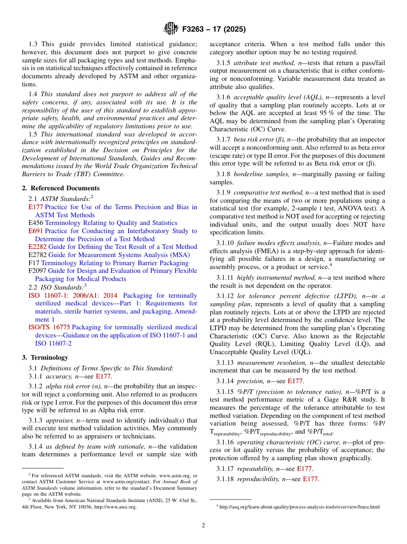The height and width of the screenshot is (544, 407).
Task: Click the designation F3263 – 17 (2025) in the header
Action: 214,30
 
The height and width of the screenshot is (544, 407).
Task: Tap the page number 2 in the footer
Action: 203,525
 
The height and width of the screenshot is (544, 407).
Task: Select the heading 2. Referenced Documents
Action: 61,188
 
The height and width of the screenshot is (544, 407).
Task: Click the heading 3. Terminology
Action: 45,357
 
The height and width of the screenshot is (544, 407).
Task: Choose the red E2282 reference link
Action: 38,247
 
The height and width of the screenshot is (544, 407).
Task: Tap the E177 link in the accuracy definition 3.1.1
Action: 103,376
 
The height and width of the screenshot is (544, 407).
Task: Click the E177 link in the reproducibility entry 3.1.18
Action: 310,479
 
